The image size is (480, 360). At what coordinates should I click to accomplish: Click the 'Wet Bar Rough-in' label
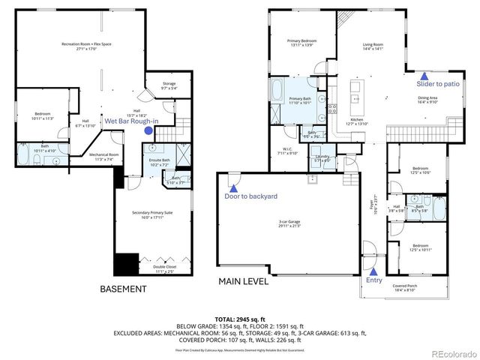130,121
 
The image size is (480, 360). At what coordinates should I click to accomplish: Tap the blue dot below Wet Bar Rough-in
148,130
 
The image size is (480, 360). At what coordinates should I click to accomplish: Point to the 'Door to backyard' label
250,196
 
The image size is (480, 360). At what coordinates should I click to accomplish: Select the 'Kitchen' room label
357,121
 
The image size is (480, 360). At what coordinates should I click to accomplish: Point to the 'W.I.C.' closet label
287,149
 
